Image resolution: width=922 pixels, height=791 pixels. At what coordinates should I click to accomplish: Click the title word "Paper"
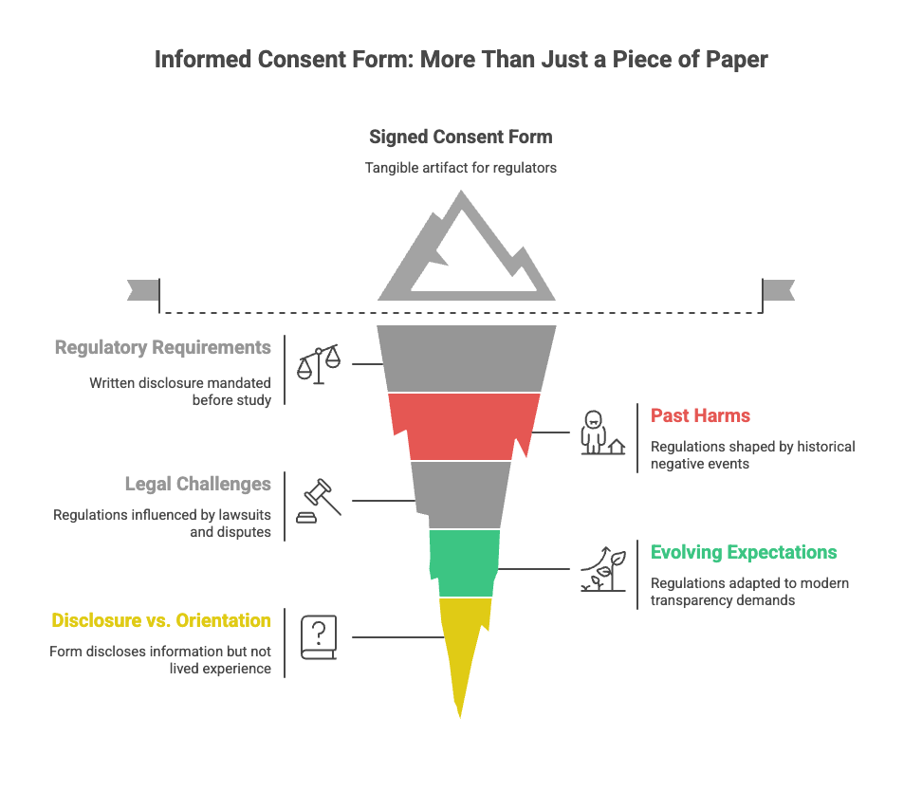(736, 60)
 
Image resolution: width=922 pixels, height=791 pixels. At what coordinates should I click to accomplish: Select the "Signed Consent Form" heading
(460, 137)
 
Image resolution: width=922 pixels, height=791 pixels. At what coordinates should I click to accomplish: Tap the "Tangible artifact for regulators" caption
(460, 168)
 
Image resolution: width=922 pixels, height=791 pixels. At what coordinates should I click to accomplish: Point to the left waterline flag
(142, 290)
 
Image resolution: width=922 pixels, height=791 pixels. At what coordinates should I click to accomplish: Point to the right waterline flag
(779, 290)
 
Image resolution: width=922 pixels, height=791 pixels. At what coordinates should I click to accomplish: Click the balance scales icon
(319, 364)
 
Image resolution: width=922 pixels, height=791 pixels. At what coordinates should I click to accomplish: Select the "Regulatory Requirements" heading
(162, 347)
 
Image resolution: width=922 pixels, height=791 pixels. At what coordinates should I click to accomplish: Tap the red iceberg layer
(463, 424)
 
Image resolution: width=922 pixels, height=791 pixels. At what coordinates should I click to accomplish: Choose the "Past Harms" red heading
(700, 414)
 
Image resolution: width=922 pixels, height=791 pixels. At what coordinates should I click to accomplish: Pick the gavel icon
(319, 499)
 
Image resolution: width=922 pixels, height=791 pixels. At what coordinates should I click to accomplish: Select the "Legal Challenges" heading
(197, 484)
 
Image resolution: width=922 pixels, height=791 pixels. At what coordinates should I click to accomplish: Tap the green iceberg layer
(464, 561)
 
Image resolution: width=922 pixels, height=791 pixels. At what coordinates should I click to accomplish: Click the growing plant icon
(602, 569)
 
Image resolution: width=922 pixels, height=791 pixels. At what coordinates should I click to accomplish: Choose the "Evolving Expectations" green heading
(744, 552)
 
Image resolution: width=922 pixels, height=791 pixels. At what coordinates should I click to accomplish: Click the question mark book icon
(319, 636)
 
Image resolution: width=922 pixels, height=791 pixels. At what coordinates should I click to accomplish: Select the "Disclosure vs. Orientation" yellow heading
(161, 621)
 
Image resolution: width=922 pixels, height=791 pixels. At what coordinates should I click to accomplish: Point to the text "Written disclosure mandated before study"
(180, 391)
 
